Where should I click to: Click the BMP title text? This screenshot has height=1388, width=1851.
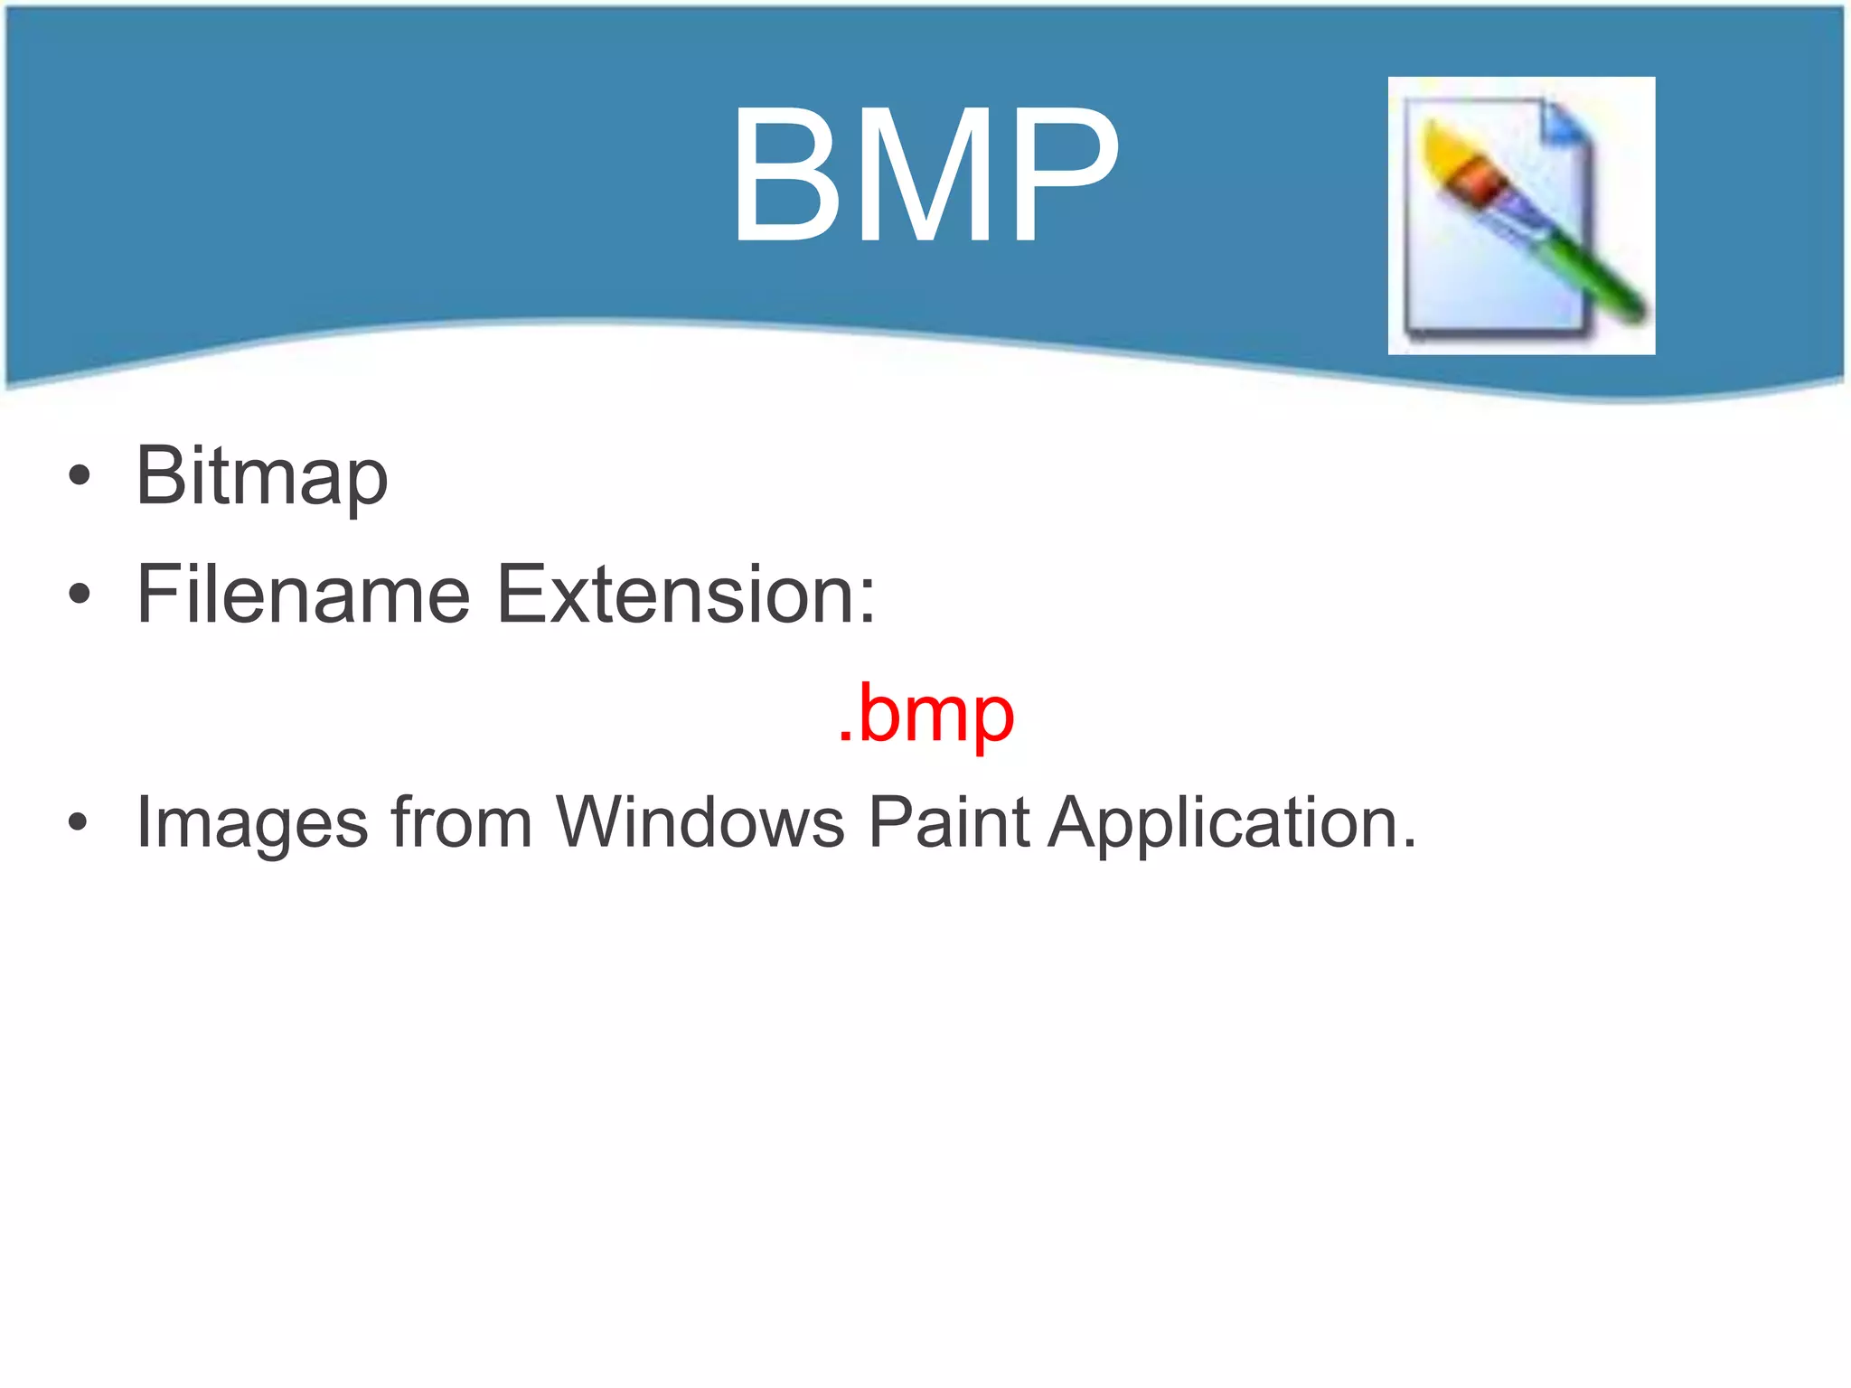[x=925, y=174]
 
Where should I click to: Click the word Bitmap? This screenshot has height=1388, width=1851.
[x=262, y=476]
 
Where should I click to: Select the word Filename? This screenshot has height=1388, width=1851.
[x=304, y=594]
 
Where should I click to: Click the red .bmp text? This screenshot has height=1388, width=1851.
[x=925, y=713]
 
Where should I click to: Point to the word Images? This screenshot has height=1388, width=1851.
[x=252, y=823]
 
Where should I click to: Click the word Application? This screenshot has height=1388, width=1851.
[x=1232, y=823]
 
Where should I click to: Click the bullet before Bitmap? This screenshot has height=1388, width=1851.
[x=80, y=476]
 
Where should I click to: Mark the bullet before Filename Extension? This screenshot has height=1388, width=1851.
[x=80, y=594]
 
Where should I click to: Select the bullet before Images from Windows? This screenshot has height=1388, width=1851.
[x=79, y=822]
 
